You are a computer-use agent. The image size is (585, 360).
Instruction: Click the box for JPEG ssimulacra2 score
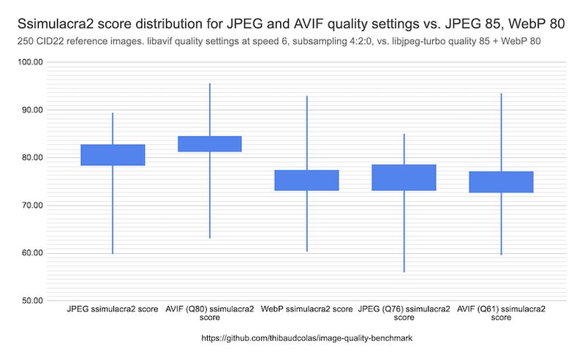(x=113, y=155)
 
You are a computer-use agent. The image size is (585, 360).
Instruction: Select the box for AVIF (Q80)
(x=210, y=143)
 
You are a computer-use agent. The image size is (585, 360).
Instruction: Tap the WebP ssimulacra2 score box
(x=307, y=180)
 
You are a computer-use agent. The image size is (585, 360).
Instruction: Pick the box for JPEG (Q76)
(x=404, y=177)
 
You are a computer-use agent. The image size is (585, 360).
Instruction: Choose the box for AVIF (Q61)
(x=501, y=181)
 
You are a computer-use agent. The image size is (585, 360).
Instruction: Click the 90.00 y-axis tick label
(x=31, y=110)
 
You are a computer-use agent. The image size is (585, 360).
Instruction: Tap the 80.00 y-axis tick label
(x=31, y=157)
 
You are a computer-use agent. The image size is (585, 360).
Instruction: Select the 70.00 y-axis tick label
(x=31, y=206)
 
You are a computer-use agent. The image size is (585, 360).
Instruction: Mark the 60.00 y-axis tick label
(x=31, y=253)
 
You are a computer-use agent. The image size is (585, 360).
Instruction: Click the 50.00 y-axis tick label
(x=31, y=301)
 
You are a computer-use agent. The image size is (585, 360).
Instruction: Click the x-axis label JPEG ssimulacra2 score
(x=113, y=310)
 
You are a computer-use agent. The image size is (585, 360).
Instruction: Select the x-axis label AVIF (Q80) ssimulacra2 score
(x=210, y=314)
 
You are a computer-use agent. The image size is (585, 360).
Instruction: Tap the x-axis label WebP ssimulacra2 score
(x=307, y=310)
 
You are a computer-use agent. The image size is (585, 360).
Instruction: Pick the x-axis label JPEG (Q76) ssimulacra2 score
(x=404, y=314)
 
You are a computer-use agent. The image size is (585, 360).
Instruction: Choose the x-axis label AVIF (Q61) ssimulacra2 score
(x=501, y=314)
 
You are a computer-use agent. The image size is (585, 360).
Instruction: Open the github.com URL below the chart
(x=307, y=340)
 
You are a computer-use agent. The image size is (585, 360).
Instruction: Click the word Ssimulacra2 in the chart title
(x=51, y=24)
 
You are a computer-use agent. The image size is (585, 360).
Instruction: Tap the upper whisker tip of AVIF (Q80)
(x=210, y=83)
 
